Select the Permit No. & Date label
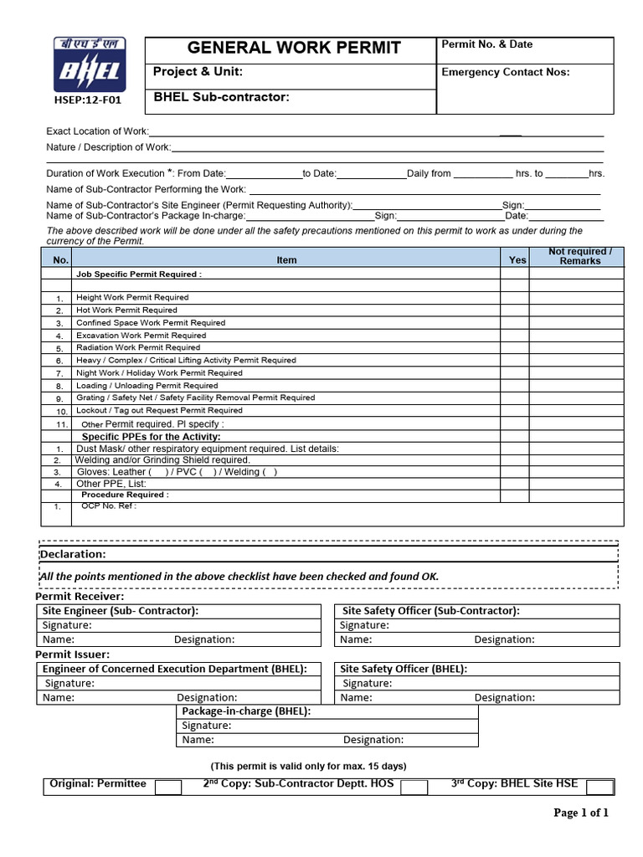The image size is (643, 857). coord(486,44)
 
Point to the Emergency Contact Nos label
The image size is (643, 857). coord(505,72)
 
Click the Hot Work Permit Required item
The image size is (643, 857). coord(126,310)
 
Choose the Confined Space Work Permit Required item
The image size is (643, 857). coord(151,323)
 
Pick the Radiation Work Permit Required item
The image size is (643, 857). coord(138,347)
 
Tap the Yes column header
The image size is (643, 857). coord(517,260)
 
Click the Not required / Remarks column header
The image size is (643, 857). coord(579,256)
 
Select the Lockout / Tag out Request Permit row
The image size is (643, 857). coord(159,411)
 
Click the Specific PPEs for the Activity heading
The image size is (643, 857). coord(151,437)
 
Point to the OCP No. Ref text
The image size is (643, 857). coord(109,506)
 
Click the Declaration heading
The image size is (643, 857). coord(73,554)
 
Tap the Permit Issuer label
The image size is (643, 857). coord(72,654)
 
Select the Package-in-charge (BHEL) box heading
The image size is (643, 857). coord(246,711)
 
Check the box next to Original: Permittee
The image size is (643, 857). coord(168,787)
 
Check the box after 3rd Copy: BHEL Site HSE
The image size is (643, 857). coord(599,787)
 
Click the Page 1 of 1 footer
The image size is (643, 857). coord(581,813)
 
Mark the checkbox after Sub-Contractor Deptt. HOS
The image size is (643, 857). coord(414,787)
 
